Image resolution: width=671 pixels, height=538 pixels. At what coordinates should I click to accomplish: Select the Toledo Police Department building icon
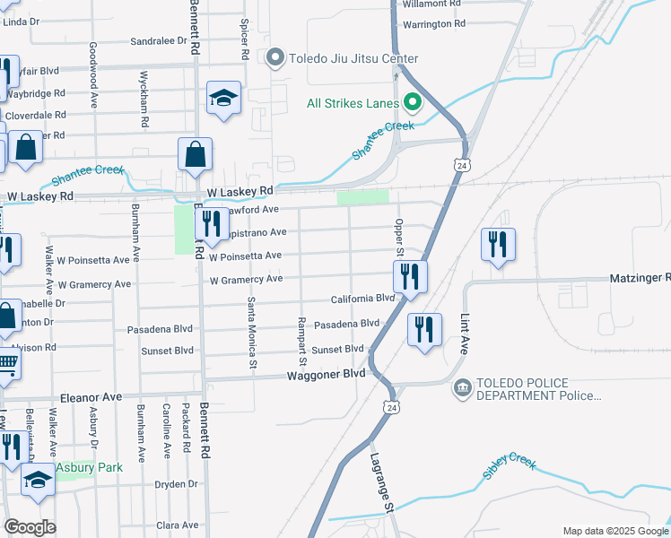coord(462,389)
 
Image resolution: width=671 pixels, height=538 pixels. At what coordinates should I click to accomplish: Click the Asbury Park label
coord(89,467)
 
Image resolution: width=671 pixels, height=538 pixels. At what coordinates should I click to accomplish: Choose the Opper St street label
coord(399,238)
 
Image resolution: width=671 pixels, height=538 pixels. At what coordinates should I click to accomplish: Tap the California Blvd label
coord(362,298)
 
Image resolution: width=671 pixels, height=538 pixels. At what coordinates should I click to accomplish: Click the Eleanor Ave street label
coord(91,396)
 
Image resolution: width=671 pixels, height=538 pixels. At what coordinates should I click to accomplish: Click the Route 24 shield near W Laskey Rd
coord(460,166)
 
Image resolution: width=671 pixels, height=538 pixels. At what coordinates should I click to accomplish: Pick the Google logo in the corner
coord(30,527)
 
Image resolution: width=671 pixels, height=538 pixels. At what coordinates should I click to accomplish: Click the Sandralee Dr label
coord(158,40)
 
